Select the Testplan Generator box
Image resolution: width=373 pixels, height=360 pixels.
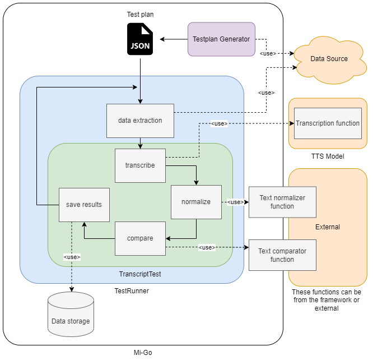(x=221, y=39)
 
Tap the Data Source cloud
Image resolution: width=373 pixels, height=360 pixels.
(x=329, y=59)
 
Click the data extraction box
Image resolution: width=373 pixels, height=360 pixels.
(x=140, y=121)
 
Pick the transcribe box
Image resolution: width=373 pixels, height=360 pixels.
(x=140, y=165)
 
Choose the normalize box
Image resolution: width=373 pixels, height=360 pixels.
(x=196, y=202)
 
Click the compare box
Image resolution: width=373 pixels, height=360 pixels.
(x=140, y=238)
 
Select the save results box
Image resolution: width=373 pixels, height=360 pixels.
(x=84, y=205)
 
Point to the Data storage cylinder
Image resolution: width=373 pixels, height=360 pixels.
(x=71, y=317)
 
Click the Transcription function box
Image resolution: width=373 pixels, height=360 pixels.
(x=328, y=123)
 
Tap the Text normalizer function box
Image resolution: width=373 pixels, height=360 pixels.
(x=282, y=202)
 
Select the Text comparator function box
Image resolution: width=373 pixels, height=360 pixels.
(x=282, y=255)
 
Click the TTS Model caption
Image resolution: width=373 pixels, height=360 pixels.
(x=328, y=156)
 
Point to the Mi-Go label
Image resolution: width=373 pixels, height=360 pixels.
(x=142, y=353)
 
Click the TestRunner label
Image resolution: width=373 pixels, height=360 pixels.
(x=132, y=291)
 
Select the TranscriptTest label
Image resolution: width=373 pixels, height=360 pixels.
(x=140, y=274)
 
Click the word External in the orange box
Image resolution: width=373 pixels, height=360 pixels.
(x=328, y=227)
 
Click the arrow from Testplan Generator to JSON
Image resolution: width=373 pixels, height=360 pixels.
(x=174, y=39)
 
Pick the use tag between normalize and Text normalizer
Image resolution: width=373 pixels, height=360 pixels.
(x=235, y=202)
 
